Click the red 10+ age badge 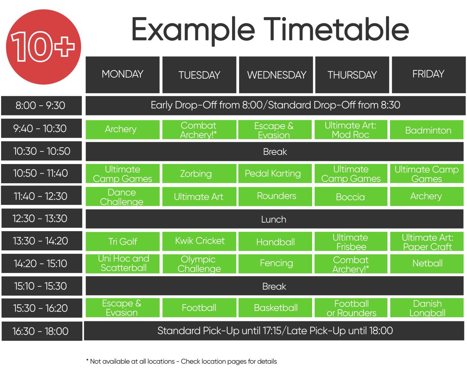(43, 47)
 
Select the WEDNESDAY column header (276, 75)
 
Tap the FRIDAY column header (428, 75)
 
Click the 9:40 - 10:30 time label (42, 128)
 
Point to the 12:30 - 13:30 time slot (42, 218)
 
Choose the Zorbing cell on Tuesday (199, 174)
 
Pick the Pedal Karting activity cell (275, 174)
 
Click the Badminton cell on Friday (427, 130)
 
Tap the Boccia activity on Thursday (351, 196)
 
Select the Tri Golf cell (123, 241)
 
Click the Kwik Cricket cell (199, 241)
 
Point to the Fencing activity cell (275, 264)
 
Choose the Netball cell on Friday (427, 264)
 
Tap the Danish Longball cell (427, 308)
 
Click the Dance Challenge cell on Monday (123, 196)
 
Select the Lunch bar (275, 219)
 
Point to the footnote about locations (181, 361)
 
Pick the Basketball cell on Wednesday (275, 308)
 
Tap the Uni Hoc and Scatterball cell (123, 264)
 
